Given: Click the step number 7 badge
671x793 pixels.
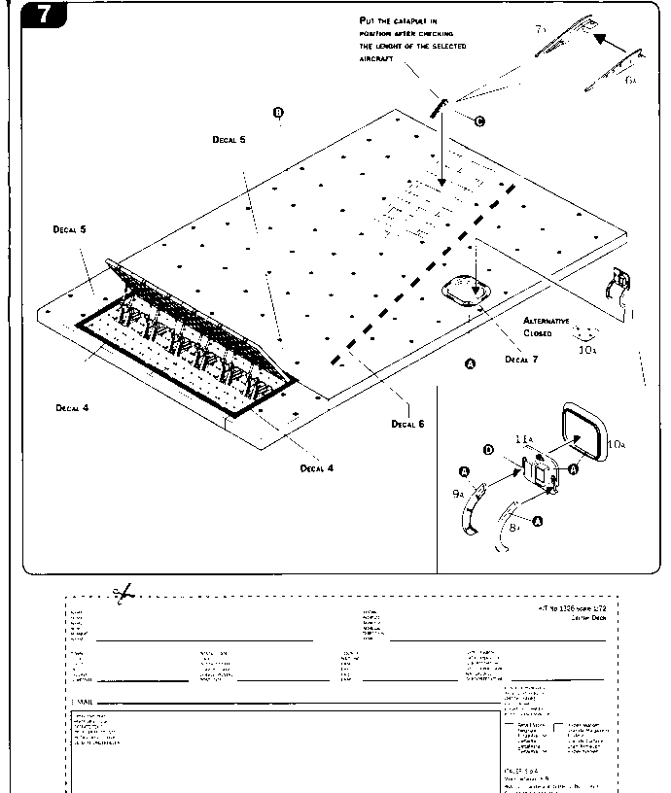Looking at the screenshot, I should (x=42, y=16).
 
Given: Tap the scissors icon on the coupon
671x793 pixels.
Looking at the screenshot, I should (x=123, y=593).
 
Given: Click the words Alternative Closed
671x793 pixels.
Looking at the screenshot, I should (x=547, y=326).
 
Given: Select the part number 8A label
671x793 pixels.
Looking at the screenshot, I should (x=516, y=526).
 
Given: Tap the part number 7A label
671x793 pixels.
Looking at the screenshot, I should (x=542, y=30).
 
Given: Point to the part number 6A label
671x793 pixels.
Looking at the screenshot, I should (x=631, y=80).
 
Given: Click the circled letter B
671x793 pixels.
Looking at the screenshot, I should (x=279, y=114).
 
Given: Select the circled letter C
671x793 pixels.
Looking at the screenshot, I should (x=478, y=121).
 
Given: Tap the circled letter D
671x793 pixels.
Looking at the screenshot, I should (x=490, y=450).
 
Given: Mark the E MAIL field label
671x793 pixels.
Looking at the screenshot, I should (x=83, y=701).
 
